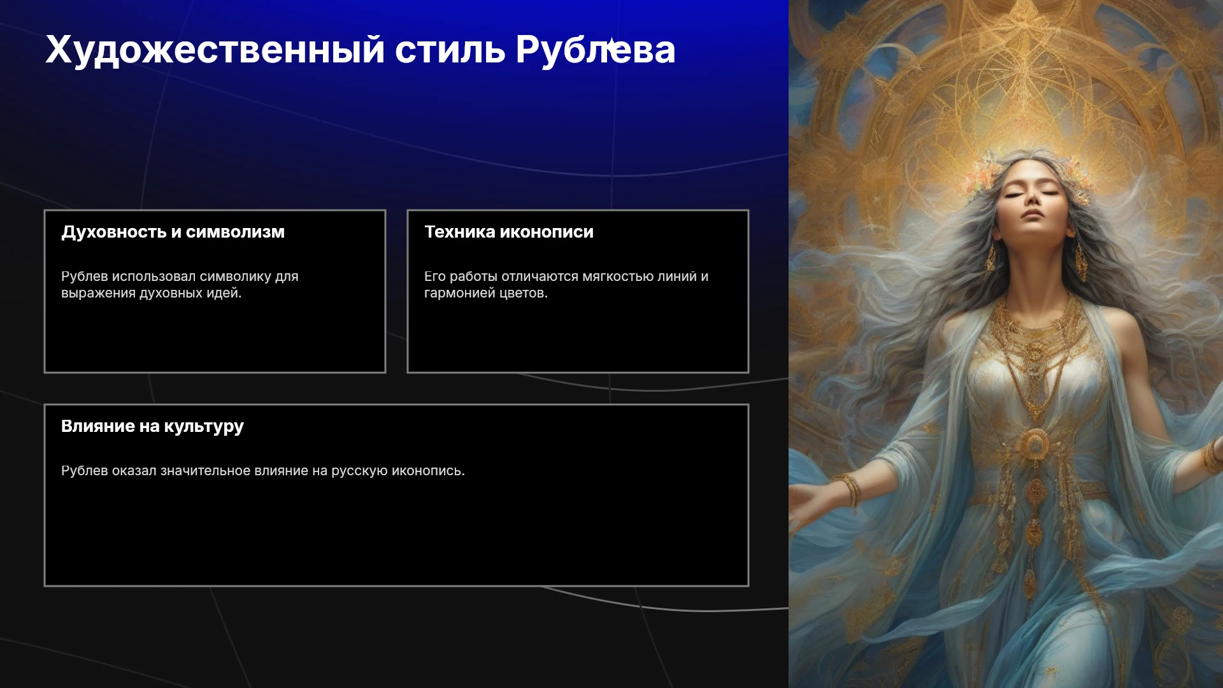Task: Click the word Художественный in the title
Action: [x=215, y=50]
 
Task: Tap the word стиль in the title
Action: [x=450, y=50]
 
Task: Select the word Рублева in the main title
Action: [x=596, y=50]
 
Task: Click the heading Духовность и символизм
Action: [x=173, y=232]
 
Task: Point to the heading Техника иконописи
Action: [x=509, y=232]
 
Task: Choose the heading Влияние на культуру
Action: [x=152, y=427]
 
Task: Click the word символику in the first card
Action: [x=236, y=276]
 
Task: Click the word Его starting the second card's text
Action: [x=435, y=276]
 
